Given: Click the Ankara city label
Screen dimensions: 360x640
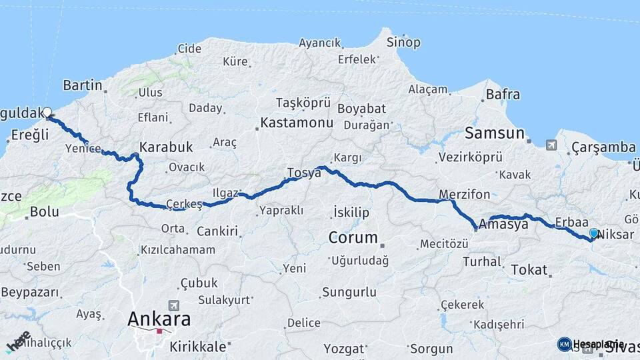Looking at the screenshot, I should click(159, 319).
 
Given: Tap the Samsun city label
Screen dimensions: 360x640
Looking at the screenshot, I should click(494, 133).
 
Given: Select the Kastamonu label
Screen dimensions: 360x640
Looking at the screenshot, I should click(297, 123).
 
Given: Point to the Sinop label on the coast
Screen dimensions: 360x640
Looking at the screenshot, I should click(403, 43).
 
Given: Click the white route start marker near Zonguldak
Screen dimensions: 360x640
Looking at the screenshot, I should click(47, 112).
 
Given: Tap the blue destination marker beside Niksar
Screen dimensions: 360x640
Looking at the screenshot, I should click(594, 233).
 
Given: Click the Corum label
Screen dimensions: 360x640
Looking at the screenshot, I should click(353, 237).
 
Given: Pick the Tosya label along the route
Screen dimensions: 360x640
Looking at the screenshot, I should click(304, 173).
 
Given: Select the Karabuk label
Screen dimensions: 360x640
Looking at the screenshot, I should click(166, 147).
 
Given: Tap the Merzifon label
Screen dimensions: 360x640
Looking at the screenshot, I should click(465, 195).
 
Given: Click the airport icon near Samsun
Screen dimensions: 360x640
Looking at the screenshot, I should click(551, 145).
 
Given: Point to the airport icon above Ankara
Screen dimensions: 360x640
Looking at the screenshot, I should click(175, 305).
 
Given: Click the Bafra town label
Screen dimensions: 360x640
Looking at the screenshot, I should click(503, 95).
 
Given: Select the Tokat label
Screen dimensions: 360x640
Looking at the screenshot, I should click(529, 270).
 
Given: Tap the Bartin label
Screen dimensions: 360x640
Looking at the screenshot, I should click(83, 85).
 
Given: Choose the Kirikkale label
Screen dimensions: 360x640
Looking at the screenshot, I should click(198, 347).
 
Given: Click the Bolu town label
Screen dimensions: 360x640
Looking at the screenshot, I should click(45, 213).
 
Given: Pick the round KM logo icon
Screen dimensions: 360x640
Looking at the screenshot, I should click(565, 344).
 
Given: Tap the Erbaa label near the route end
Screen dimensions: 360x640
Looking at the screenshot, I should click(571, 222).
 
